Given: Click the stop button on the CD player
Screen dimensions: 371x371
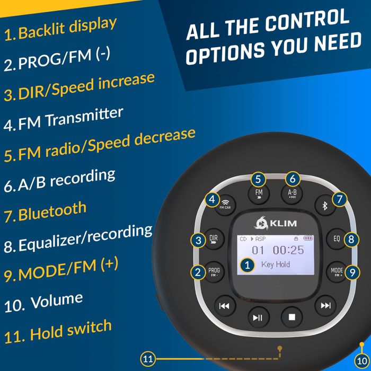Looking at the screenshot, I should (291, 316).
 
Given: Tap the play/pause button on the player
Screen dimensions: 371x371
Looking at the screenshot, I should (258, 317).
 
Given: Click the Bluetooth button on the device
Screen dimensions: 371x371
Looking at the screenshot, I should (325, 205).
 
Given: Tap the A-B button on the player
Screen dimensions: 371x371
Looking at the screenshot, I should (292, 195).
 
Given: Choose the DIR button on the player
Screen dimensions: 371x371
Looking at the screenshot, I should (214, 238).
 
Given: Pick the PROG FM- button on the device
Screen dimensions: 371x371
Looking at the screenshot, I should (214, 271).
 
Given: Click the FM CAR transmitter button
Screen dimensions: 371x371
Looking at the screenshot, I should (226, 204).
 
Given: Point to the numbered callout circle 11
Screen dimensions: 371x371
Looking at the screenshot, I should (148, 359).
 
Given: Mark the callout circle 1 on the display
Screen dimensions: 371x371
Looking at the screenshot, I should (246, 264).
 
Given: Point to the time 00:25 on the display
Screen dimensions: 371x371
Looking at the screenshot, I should (289, 250).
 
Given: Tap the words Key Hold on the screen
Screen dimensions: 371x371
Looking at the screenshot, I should (276, 264).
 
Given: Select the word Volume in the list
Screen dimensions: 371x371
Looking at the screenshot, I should (57, 301).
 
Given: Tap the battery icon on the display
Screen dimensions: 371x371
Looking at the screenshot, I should (307, 239).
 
